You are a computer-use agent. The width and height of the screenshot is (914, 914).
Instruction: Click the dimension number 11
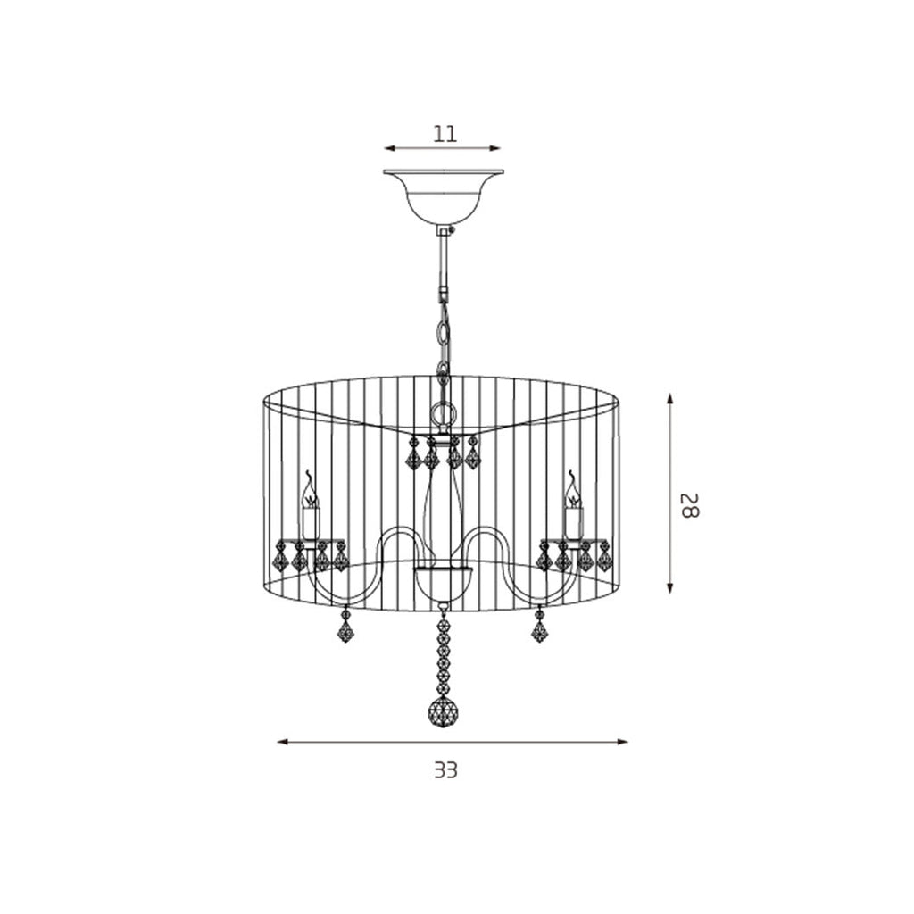pos(445,134)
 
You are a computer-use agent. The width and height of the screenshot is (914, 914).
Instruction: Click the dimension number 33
pos(446,770)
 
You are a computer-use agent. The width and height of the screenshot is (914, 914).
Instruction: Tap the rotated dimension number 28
pos(690,505)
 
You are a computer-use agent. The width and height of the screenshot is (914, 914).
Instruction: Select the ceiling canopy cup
pos(444,197)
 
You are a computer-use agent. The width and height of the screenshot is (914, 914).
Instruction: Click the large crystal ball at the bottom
pos(443,711)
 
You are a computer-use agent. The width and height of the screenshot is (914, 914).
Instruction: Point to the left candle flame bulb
pos(310,490)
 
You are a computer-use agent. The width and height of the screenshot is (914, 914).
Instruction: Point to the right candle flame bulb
pos(574,490)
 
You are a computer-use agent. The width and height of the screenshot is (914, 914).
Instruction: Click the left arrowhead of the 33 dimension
pos(282,742)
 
